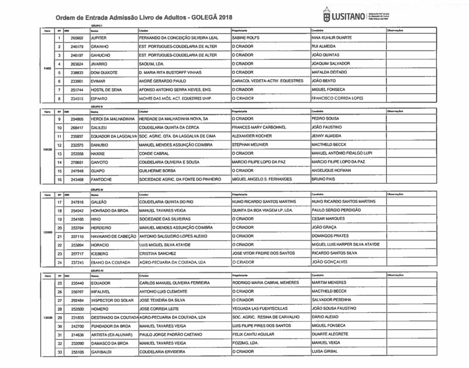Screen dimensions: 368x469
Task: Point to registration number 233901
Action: pos(76,81)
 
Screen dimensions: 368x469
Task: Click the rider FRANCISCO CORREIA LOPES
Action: pos(337,98)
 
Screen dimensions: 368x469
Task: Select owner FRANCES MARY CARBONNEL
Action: pos(259,127)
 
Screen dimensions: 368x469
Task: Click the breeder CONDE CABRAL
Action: pos(154,153)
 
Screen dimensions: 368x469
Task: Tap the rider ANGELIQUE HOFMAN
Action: pos(331,171)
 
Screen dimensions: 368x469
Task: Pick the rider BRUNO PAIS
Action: pos(323,179)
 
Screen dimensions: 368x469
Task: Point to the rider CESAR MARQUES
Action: pos(328,219)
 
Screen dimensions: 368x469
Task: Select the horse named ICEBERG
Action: pos(99,254)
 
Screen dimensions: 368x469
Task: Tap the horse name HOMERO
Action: pos(100,309)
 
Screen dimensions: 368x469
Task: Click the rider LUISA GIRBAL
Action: pos(325,352)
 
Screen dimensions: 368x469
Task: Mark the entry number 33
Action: pos(60,352)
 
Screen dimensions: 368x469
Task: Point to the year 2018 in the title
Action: pos(225,17)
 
